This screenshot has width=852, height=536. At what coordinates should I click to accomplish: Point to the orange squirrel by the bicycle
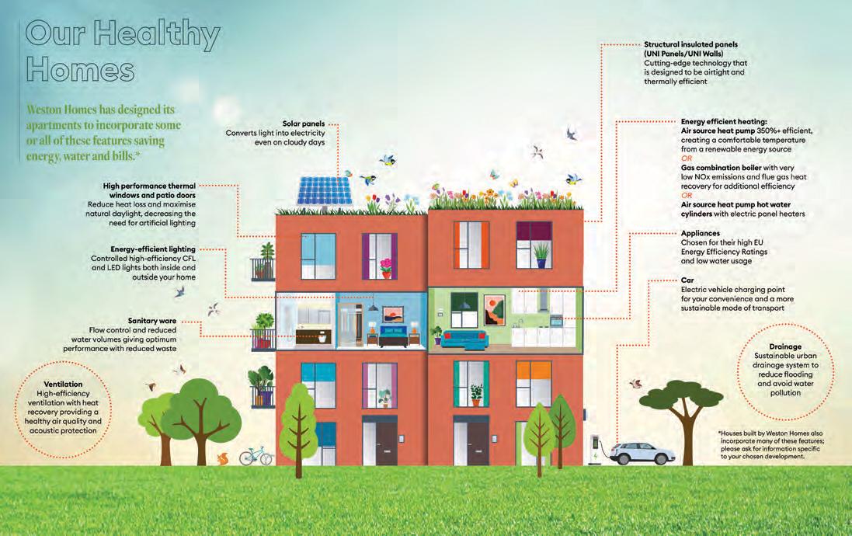[x=223, y=458]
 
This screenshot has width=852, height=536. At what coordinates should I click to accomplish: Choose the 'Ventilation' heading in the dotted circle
[x=64, y=384]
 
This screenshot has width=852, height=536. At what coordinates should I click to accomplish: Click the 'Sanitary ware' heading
[x=153, y=320]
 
